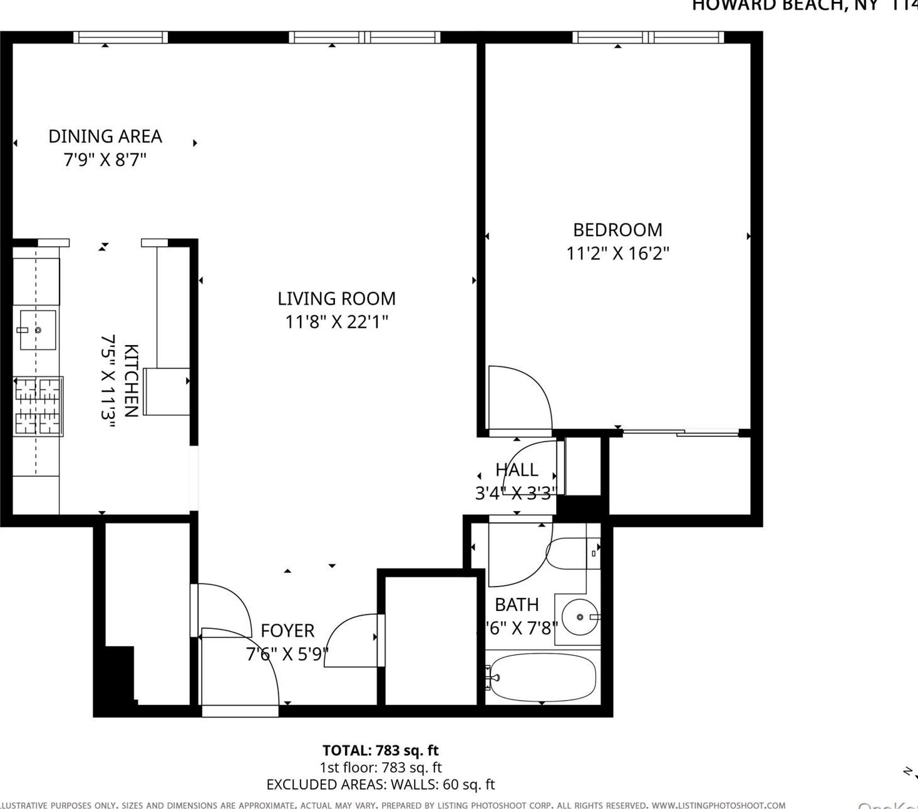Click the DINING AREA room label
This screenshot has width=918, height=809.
point(105,136)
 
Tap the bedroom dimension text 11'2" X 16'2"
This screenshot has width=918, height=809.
point(617,254)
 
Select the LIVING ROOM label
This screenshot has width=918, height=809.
point(336,299)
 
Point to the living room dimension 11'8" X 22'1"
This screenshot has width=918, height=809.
point(336,322)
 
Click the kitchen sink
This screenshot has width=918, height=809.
point(37,329)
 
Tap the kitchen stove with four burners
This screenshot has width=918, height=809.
point(38,406)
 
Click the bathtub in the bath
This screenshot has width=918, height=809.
point(542,677)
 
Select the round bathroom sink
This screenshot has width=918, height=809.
point(579,617)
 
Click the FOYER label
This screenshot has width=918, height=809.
point(287,631)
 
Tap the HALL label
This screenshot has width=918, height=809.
point(517,470)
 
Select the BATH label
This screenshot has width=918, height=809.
point(517,604)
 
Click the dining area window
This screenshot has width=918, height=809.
point(121,38)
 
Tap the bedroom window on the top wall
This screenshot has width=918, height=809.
point(648,38)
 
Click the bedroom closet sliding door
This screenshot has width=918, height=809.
point(681,432)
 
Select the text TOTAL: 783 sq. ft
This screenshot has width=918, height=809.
point(380,750)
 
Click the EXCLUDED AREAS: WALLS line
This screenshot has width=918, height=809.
point(380,784)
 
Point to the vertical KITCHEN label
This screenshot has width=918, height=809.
point(130,380)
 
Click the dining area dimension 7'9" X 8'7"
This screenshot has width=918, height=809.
point(105,160)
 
